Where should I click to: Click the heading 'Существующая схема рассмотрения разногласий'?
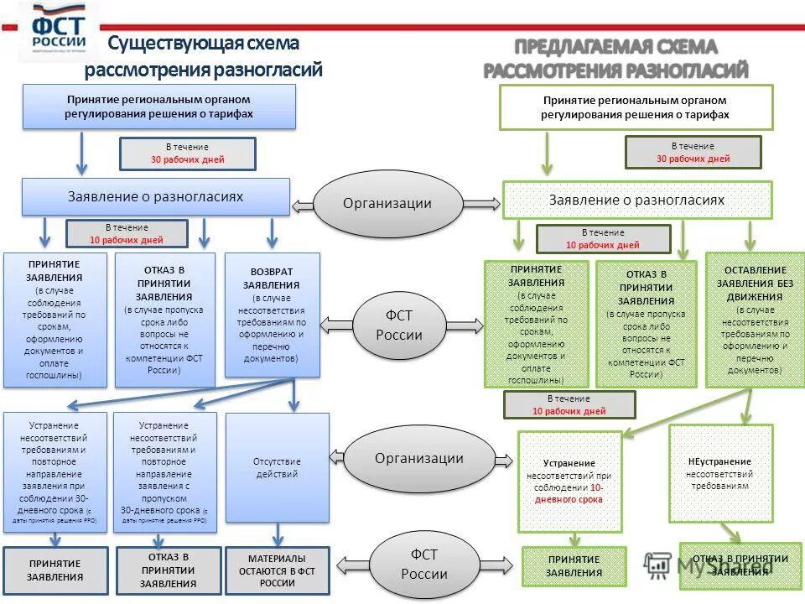[x=204, y=56]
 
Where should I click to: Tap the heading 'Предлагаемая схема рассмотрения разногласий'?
[x=615, y=59]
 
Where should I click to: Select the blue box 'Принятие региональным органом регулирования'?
[x=159, y=107]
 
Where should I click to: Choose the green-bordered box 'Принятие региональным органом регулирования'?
[x=636, y=107]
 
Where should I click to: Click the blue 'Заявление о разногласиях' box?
[x=155, y=197]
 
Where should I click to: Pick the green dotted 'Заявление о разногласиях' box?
[x=636, y=200]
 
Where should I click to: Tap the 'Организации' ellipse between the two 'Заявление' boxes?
[x=387, y=203]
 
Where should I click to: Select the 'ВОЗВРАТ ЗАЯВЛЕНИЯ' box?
[x=273, y=319]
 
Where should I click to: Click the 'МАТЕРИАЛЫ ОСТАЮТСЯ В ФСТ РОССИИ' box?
[x=277, y=570]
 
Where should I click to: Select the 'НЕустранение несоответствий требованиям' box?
[x=719, y=473]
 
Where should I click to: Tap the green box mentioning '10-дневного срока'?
[x=569, y=482]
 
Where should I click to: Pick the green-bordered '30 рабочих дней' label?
[x=693, y=153]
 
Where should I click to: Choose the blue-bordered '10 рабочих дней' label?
[x=127, y=233]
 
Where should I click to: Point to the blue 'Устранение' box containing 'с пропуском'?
[x=164, y=471]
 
